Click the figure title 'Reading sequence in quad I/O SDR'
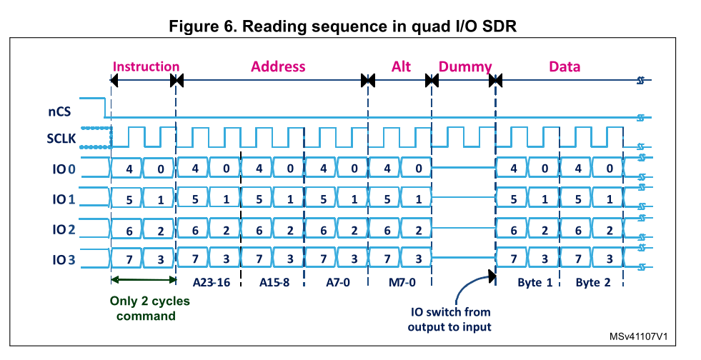click(x=342, y=26)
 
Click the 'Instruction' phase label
click(x=146, y=66)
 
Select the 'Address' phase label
click(x=278, y=66)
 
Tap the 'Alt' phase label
click(x=402, y=66)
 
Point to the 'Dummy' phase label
click(x=465, y=66)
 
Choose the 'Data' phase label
click(x=565, y=66)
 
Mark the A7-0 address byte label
click(x=336, y=281)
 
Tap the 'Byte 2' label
click(x=592, y=282)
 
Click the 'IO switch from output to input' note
click(x=449, y=319)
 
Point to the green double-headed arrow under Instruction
click(x=144, y=279)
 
